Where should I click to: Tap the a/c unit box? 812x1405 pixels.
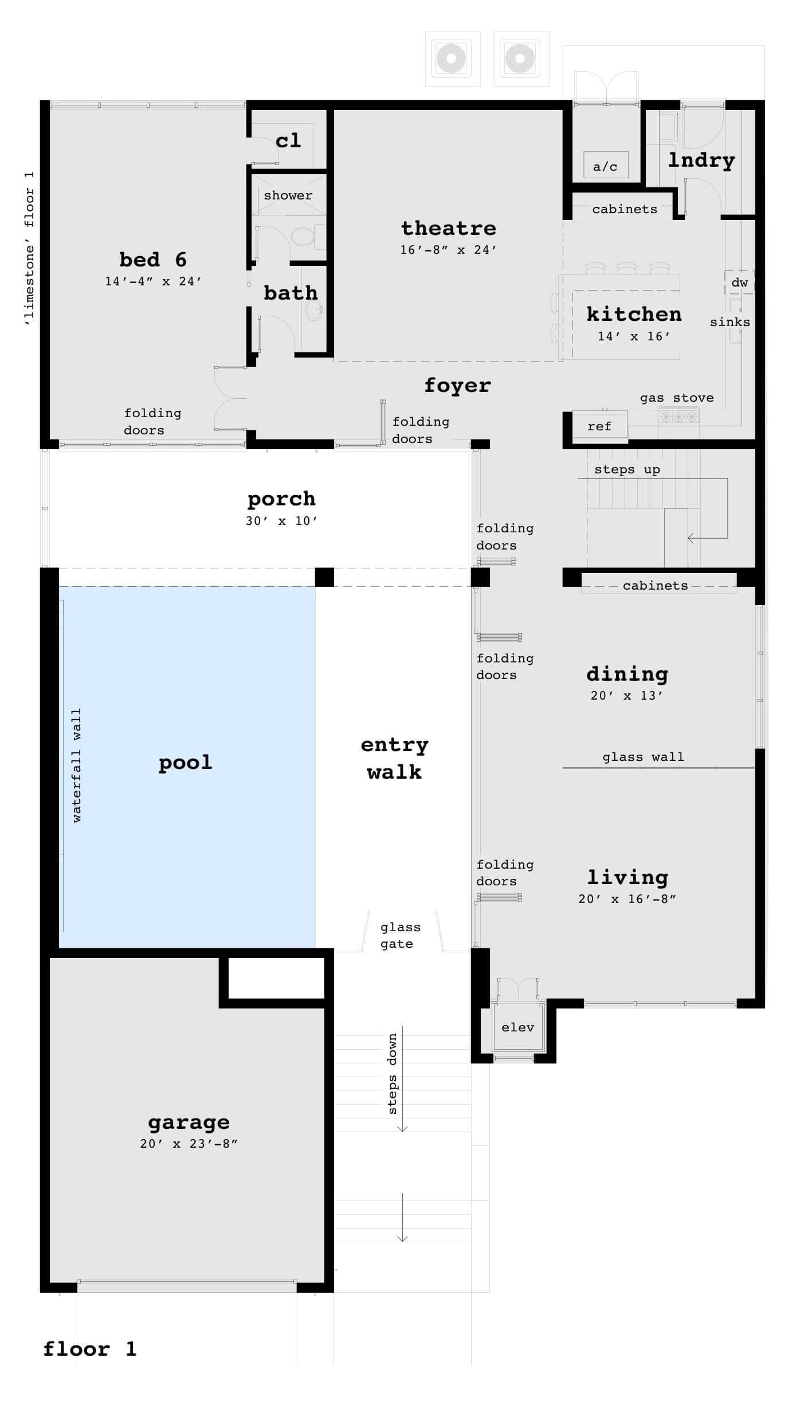605,166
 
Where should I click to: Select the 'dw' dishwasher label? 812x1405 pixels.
739,282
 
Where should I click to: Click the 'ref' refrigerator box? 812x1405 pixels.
599,426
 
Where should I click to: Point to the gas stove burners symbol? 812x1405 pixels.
678,417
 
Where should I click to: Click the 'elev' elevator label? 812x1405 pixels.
517,1027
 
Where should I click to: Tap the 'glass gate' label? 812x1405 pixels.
399,935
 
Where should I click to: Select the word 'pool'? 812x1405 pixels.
185,763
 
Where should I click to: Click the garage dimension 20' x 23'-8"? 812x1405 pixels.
189,1144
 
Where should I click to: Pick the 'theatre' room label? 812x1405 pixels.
449,228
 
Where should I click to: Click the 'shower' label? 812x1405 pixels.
288,195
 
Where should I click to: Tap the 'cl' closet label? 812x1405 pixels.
288,140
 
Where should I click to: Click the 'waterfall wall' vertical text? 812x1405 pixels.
77,766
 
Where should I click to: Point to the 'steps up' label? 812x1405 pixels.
627,469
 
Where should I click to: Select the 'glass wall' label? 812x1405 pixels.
643,757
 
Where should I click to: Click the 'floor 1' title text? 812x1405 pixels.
90,1349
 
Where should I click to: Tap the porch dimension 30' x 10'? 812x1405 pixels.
281,521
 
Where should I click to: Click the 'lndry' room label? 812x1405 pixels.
701,160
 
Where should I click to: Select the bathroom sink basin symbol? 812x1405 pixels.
314,311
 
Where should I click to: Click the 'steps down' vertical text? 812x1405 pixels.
393,1074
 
